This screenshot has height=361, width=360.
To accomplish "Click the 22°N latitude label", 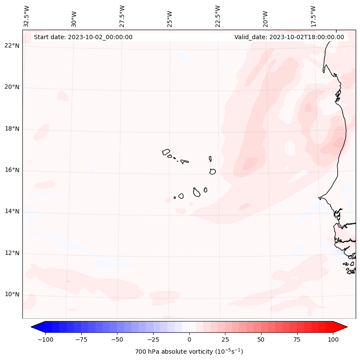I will (12, 46).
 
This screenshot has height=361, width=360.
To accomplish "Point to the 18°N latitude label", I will (12, 129).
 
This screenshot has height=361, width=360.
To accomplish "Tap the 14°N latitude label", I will (12, 211).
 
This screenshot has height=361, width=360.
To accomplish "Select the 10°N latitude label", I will (12, 295).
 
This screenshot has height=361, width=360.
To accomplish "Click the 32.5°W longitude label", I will (27, 16).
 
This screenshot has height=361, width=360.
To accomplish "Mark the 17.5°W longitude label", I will (313, 16).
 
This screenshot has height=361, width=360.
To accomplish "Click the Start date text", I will (83, 37).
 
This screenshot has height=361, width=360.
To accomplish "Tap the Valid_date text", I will (289, 37).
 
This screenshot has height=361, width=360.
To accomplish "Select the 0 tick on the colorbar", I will (189, 339).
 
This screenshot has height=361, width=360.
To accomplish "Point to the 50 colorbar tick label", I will (261, 339).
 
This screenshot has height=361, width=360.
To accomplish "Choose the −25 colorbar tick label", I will (153, 339).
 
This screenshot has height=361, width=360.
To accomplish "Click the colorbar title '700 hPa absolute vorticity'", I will (189, 352).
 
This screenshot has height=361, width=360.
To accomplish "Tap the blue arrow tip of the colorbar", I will (33, 327).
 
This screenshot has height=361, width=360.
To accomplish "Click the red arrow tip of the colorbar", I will (345, 327).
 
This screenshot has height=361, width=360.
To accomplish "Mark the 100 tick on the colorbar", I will (332, 339).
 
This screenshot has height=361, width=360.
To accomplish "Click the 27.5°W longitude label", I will (122, 16).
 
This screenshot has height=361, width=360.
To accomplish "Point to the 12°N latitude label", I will (12, 253).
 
